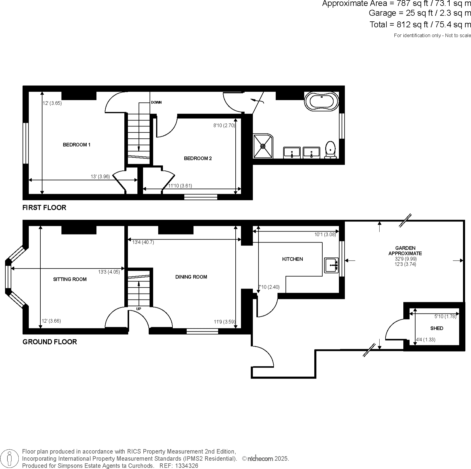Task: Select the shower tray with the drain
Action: coord(263,146)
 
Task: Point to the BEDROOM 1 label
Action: coord(77,145)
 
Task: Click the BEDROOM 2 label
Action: coord(198,159)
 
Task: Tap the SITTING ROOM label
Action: coord(70,279)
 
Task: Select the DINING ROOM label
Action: coord(191,277)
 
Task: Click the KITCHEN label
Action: coord(292,259)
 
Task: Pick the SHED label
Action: coord(437,328)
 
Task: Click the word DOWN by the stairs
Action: coord(156,102)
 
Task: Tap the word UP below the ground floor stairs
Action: coord(139,309)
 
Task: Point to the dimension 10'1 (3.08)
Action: coord(325,235)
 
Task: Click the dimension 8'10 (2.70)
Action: coord(224,126)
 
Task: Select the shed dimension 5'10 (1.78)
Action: coord(445,316)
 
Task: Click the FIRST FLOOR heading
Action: coord(44,207)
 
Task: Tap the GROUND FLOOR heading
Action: coord(50,342)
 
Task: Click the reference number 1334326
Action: coord(187,466)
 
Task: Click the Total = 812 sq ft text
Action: coord(420,25)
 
